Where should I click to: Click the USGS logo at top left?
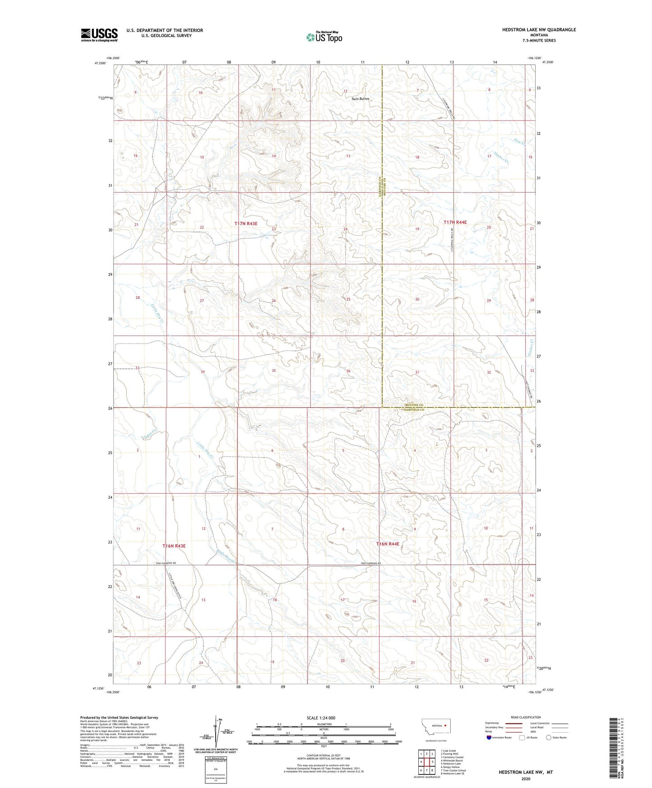click(x=99, y=35)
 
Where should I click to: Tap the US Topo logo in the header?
click(x=324, y=37)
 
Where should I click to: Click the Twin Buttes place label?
click(x=360, y=99)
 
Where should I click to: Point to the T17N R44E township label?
click(x=455, y=222)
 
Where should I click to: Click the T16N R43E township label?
click(x=174, y=546)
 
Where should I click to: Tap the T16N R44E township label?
click(x=388, y=544)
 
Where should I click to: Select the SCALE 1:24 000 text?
click(x=321, y=718)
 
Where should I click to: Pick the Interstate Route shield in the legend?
click(x=489, y=737)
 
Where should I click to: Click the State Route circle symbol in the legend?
click(x=548, y=737)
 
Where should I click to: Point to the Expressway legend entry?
click(x=492, y=723)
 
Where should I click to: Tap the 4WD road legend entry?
click(x=537, y=732)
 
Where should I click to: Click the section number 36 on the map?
click(x=348, y=371)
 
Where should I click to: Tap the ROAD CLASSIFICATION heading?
click(x=526, y=717)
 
